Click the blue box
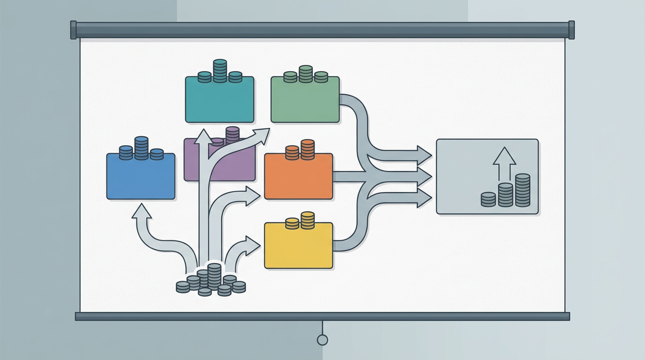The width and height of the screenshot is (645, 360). [141, 177]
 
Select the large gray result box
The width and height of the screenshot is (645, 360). [487, 176]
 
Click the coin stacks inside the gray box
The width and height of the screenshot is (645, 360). [506, 191]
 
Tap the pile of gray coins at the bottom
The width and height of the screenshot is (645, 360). [211, 280]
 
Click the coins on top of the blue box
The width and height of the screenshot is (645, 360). [141, 149]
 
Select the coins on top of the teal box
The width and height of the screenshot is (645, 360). [220, 72]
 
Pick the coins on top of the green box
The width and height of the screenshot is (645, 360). [305, 75]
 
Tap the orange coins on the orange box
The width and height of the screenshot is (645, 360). [300, 150]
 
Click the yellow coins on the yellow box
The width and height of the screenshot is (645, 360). [300, 221]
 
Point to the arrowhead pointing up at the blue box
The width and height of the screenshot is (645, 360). [142, 211]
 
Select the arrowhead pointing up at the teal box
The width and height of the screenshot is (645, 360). [203, 136]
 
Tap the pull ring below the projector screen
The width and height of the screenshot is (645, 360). [322, 340]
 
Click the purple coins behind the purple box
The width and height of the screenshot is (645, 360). [232, 134]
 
